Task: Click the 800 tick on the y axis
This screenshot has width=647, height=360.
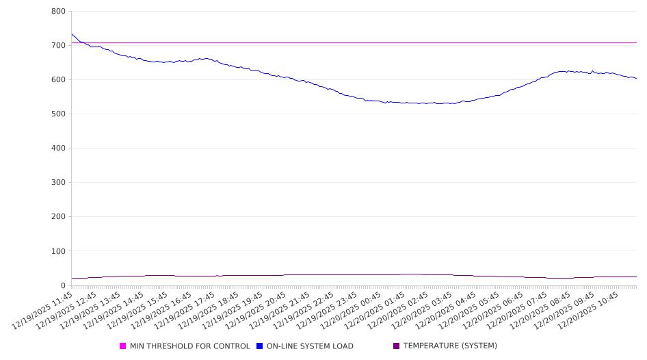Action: tap(58, 12)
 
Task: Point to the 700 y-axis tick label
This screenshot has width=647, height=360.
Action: tap(58, 46)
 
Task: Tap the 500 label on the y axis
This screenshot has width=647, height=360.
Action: tap(58, 114)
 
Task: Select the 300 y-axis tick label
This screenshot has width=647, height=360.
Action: tap(58, 183)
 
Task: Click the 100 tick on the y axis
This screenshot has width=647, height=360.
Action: tap(58, 251)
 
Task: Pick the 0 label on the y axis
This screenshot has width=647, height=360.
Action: tap(63, 285)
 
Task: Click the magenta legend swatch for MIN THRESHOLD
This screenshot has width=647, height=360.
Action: tap(123, 346)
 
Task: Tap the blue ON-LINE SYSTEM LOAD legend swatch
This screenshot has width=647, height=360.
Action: tap(260, 346)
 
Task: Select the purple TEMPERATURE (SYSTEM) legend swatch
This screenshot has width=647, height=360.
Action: tap(397, 346)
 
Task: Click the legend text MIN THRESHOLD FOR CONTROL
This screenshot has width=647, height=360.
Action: tap(189, 346)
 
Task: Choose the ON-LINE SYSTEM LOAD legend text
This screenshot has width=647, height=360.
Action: tap(310, 346)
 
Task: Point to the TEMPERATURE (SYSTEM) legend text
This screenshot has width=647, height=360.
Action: tap(450, 346)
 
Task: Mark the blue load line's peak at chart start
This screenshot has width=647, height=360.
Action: tap(72, 34)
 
